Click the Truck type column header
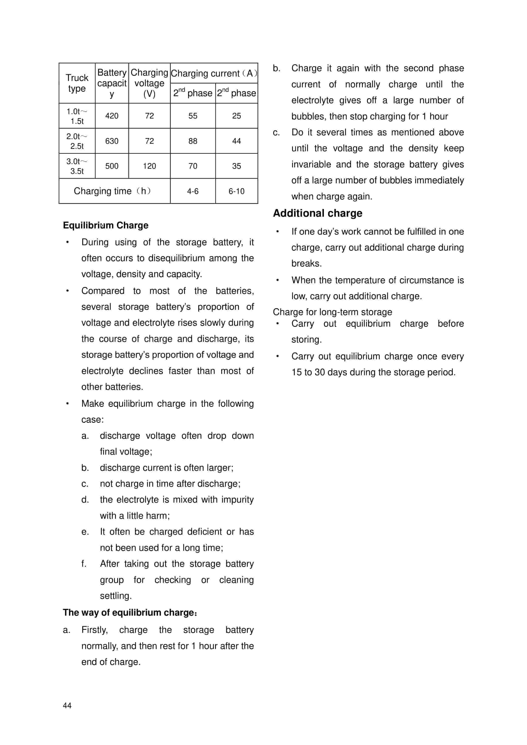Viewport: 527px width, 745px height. tap(77, 83)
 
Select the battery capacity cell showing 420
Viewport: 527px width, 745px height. tap(112, 116)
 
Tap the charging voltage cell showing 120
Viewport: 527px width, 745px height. tap(149, 166)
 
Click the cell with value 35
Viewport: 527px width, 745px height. tap(236, 166)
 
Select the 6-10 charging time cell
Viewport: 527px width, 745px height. tap(236, 191)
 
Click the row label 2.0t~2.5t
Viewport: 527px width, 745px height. tap(77, 141)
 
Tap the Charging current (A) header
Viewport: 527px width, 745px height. tap(214, 73)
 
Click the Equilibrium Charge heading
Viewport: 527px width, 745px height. tap(106, 225)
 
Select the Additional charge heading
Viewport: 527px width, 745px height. tap(317, 213)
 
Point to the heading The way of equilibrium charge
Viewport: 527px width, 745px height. tap(130, 612)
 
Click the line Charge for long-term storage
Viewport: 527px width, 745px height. tap(332, 312)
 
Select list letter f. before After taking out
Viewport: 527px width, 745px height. tap(84, 564)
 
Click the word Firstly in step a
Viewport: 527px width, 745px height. tap(94, 630)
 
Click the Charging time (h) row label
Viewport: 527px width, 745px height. tap(112, 191)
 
